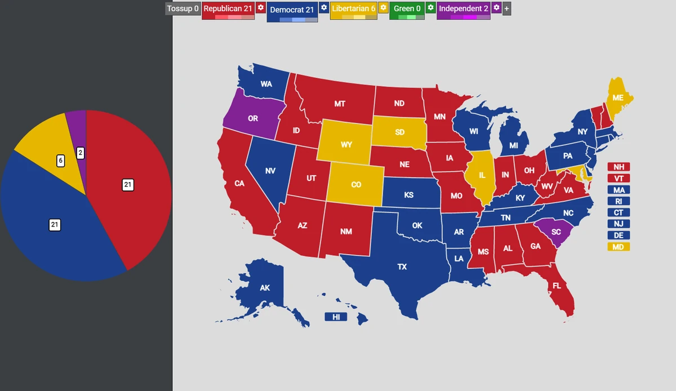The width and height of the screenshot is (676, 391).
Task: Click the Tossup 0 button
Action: pos(183,8)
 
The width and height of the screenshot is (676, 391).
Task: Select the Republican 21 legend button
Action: pos(228,8)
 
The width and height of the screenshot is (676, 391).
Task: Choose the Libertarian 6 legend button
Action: pos(353,8)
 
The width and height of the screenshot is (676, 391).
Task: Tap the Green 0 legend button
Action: pos(407,8)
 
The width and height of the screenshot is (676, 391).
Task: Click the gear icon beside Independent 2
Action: pos(496,8)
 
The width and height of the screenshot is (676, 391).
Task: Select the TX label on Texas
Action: pos(402,266)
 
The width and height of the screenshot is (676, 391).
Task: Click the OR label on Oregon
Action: pos(253,119)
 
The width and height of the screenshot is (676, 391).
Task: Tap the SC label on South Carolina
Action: pos(556,232)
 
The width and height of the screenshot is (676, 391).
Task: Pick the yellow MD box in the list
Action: pos(619,247)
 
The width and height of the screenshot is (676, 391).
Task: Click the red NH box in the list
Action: pos(619,167)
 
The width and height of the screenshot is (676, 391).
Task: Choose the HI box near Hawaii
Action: pos(336,317)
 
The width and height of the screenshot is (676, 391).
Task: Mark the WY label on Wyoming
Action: pos(346,145)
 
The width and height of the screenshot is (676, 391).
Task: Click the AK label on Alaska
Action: pos(265,288)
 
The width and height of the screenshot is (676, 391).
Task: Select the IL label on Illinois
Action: pos(482,175)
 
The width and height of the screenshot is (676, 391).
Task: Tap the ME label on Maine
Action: pos(618,98)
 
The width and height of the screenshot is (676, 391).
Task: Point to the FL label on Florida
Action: pos(557,286)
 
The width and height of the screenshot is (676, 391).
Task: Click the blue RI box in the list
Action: pos(619,201)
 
